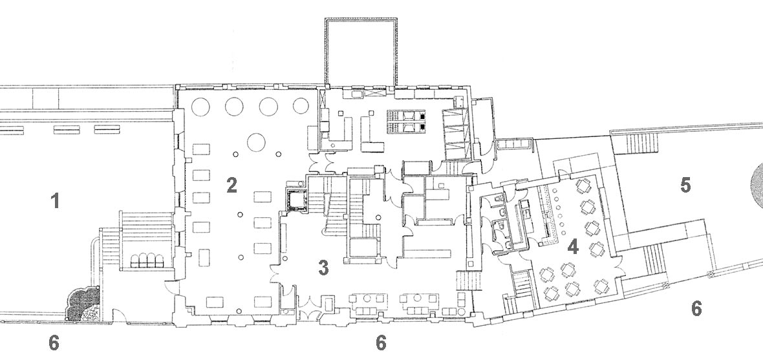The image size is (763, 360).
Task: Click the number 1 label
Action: pos(56,200)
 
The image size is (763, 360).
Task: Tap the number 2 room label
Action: pos(231,185)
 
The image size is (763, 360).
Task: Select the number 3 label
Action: pos(323,268)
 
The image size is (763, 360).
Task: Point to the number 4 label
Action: pos(573,247)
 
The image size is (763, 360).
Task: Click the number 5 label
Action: pos(685,185)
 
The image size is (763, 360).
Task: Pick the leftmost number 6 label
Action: pos(54,343)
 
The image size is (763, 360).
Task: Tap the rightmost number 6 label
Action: pos(696,308)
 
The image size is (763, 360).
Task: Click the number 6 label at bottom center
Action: pos(381,343)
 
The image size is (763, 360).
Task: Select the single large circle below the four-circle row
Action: pos(256,142)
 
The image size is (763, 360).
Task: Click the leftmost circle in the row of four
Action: pos(200,107)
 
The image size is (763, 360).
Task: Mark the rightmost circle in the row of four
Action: pos(301,105)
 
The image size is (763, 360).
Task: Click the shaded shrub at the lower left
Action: pos(83,304)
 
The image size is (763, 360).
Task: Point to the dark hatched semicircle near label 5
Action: pos(757,185)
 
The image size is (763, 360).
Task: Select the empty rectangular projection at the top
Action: pos(361,52)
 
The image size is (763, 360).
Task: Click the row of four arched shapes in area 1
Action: pos(146,260)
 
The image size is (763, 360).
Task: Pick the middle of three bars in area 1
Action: pos(66,129)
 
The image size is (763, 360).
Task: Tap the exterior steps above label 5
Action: pos(641,143)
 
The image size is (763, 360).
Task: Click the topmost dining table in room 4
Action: pos(583,186)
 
